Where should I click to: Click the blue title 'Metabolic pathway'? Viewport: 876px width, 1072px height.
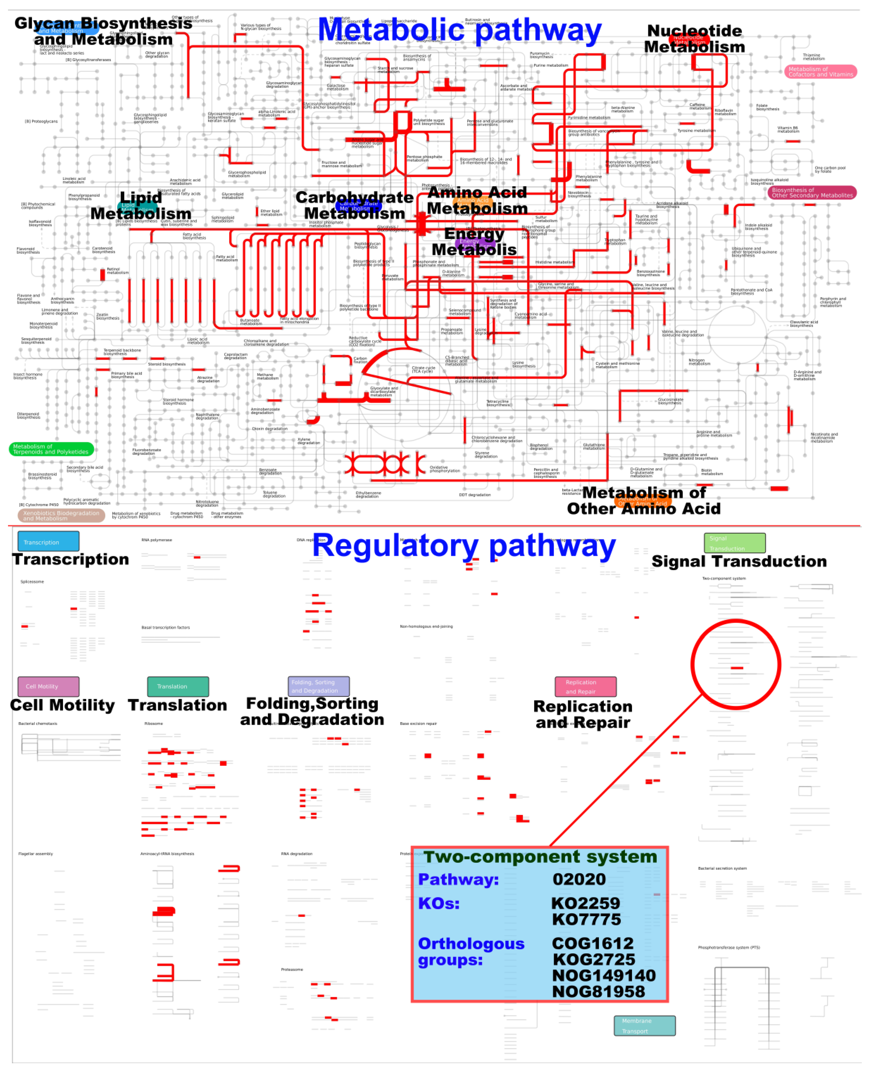pyautogui.click(x=459, y=30)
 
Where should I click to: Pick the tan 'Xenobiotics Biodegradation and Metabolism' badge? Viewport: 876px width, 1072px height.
pyautogui.click(x=61, y=515)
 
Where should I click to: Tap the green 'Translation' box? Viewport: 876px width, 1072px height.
pyautogui.click(x=178, y=686)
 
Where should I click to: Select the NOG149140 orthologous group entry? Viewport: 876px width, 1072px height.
pyautogui.click(x=604, y=975)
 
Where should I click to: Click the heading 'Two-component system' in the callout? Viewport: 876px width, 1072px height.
pyautogui.click(x=540, y=857)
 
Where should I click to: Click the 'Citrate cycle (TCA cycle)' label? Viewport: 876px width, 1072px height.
pyautogui.click(x=423, y=370)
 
